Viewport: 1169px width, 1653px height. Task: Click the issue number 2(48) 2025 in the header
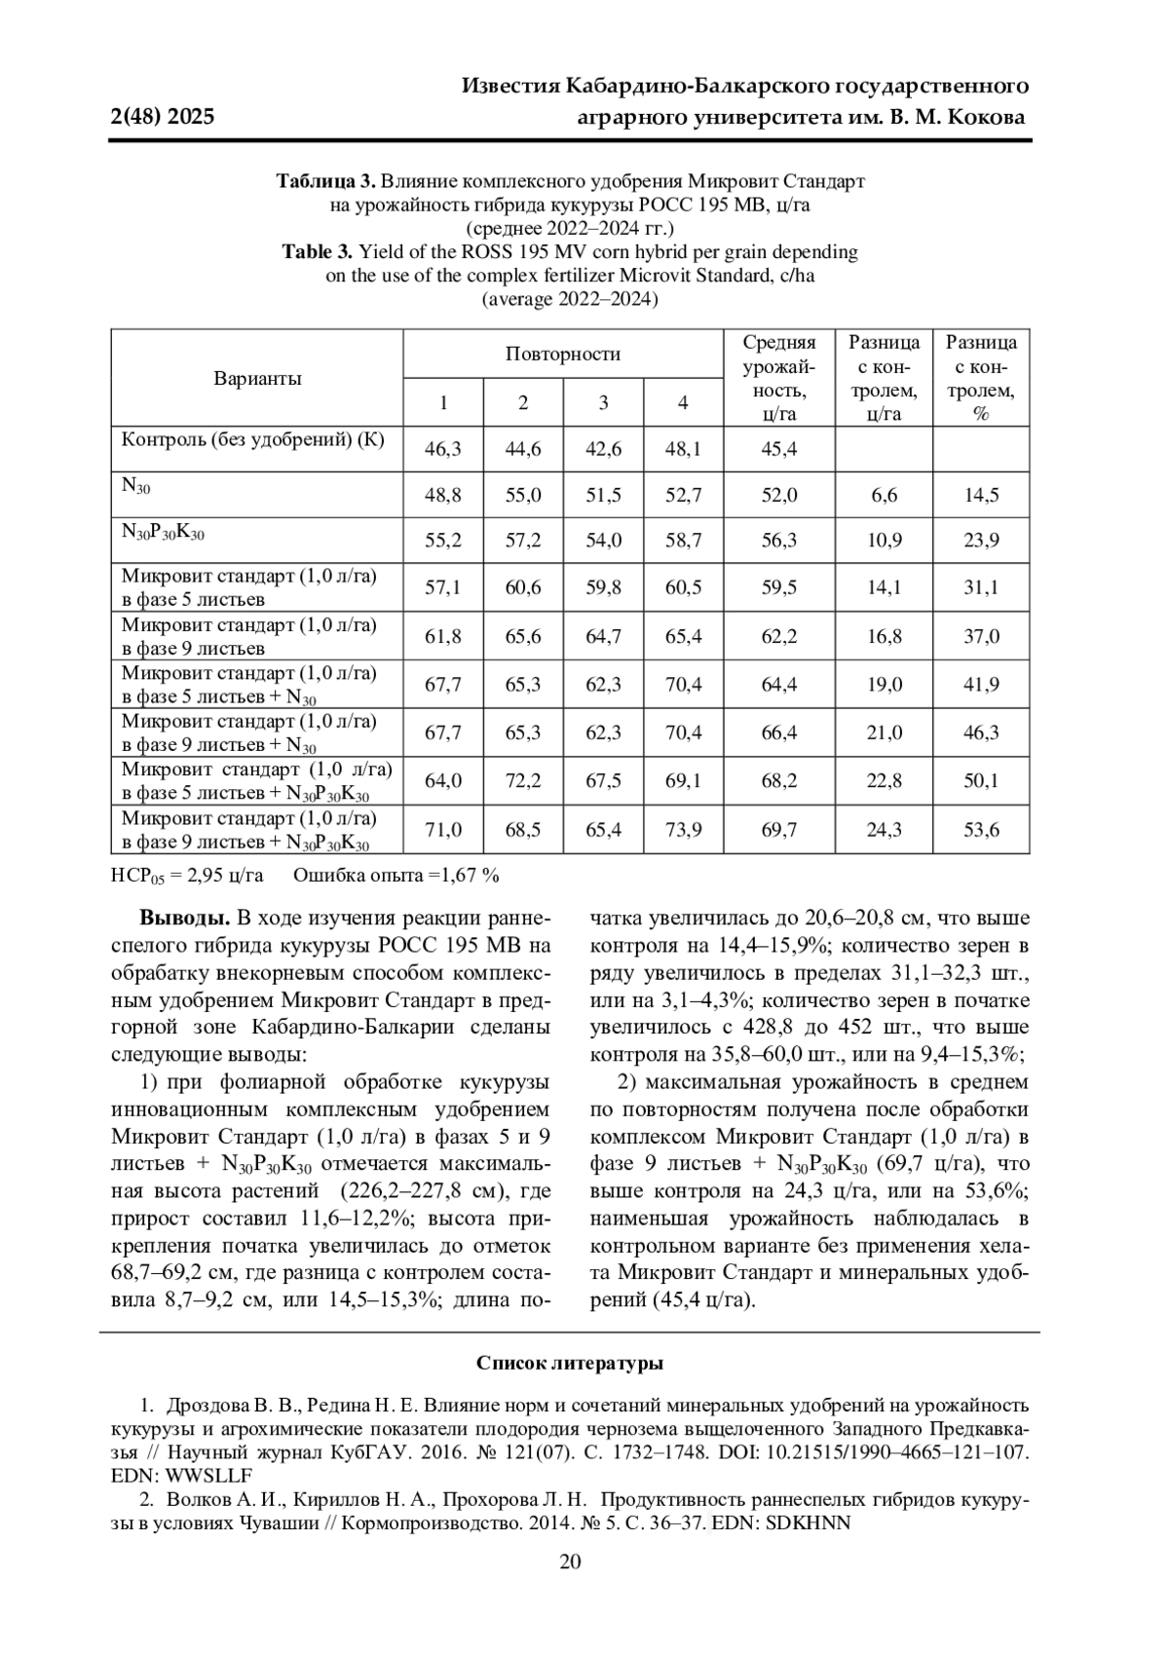[x=163, y=118]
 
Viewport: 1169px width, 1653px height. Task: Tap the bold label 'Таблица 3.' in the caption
[x=325, y=181]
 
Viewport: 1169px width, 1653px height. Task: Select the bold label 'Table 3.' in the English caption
[x=317, y=251]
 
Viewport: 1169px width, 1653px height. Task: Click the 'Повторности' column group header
[x=562, y=354]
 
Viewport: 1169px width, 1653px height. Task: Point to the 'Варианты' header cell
[x=257, y=378]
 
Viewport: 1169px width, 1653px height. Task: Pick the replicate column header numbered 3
[x=603, y=402]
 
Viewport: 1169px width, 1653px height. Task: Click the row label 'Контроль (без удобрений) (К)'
[x=253, y=438]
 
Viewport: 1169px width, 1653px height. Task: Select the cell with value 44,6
[x=523, y=449]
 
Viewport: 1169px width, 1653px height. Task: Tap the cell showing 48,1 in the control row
[x=683, y=449]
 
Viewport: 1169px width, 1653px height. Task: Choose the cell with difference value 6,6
[x=884, y=495]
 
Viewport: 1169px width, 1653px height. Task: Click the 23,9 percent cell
[x=981, y=541]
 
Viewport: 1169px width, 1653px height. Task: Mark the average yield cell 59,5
[x=779, y=587]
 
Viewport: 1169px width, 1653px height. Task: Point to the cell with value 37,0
[x=981, y=636]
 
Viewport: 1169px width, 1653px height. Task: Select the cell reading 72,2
[x=523, y=780]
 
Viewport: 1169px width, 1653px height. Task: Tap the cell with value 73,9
[x=683, y=830]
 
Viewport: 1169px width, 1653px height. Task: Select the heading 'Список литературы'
[x=570, y=1363]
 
